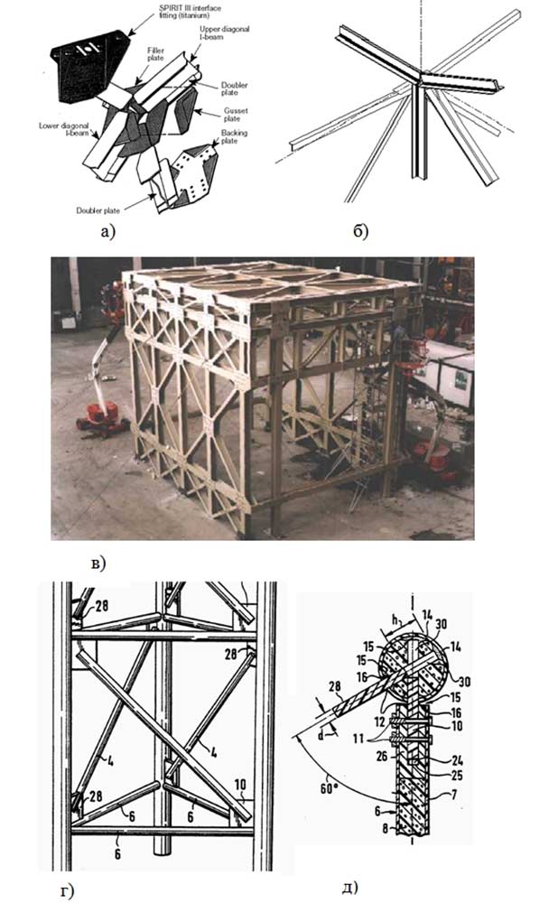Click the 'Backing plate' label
click(x=237, y=138)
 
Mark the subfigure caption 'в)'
click(x=98, y=563)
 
